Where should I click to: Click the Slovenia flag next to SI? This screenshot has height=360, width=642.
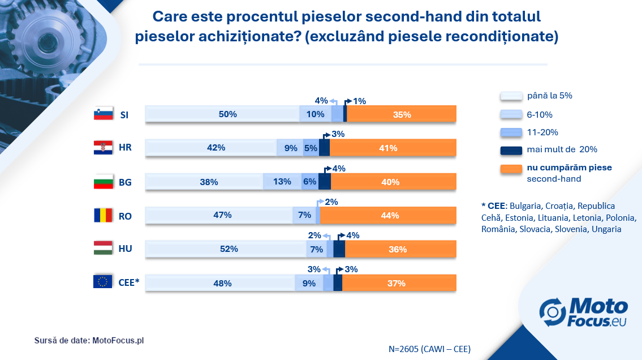click(x=103, y=113)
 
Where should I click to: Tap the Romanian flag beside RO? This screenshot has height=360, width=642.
click(x=103, y=215)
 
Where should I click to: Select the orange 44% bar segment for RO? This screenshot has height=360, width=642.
click(x=388, y=215)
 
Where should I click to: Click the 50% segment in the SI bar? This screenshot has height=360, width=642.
click(x=222, y=114)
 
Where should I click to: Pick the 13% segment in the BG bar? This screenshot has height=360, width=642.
click(x=282, y=182)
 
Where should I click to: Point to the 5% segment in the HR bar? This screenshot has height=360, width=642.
click(x=311, y=147)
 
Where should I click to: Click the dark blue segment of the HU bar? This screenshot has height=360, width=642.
click(x=339, y=248)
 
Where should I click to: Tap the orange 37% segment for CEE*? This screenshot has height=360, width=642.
click(x=399, y=282)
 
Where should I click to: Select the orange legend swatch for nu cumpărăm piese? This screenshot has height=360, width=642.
click(x=511, y=169)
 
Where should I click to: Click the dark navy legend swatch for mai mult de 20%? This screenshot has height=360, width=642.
click(x=511, y=151)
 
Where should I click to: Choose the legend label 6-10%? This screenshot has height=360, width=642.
click(x=540, y=115)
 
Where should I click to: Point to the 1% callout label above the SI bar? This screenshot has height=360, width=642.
click(x=360, y=101)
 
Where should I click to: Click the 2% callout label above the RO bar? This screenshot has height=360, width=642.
click(x=331, y=202)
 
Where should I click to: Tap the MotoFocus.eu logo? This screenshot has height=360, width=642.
click(x=583, y=312)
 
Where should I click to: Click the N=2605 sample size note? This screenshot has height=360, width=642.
click(x=429, y=349)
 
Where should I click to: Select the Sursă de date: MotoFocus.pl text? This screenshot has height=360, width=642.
click(x=89, y=340)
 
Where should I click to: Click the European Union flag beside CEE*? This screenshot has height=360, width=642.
click(x=103, y=281)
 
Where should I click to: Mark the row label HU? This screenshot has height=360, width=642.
click(x=125, y=248)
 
